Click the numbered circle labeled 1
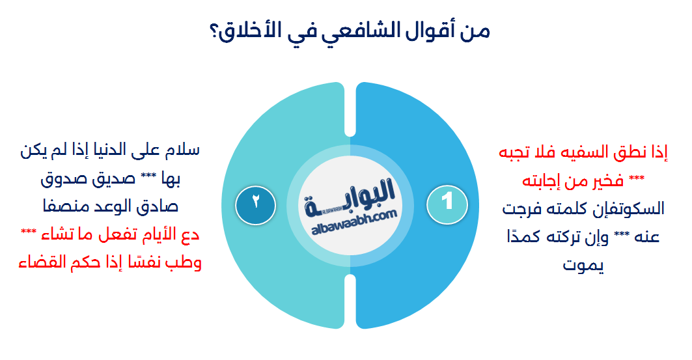447,201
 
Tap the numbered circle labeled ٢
255,201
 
